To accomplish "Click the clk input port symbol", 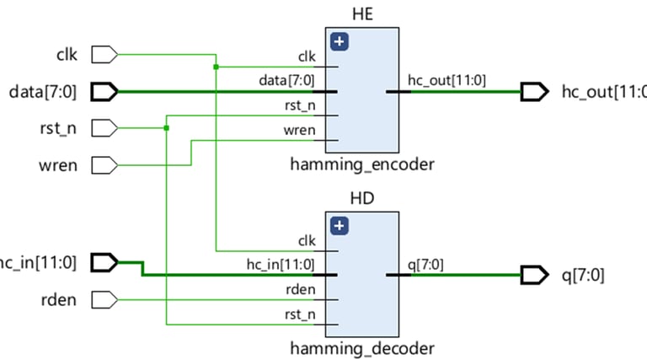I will click(x=104, y=56).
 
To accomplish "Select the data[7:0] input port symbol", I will click(x=104, y=91).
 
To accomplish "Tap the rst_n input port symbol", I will click(x=104, y=128).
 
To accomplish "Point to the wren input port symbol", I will click(x=104, y=164).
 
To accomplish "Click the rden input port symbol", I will click(x=104, y=299).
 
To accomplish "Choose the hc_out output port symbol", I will click(x=534, y=91).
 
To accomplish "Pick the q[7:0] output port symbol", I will click(x=534, y=275).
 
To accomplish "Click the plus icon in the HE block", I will click(x=340, y=42).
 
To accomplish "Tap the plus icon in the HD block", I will click(x=340, y=226).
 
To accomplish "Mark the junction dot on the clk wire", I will click(x=217, y=67).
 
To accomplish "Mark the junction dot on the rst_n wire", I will click(x=167, y=128).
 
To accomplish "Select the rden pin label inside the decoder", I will click(x=300, y=289).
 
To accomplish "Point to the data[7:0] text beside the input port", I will click(x=42, y=91).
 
